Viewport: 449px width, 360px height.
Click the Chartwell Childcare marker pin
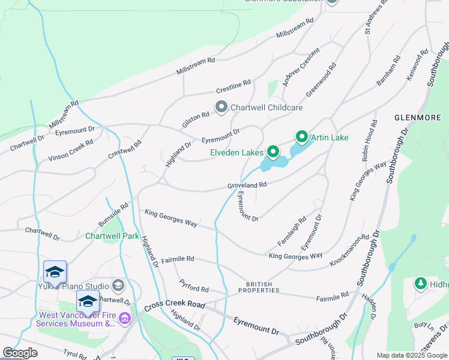point(221,107)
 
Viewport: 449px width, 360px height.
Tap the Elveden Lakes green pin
point(273,152)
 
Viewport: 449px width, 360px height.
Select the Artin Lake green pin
point(301,137)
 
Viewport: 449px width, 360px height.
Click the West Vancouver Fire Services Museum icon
point(124,318)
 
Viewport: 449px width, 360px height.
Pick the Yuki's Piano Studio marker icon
point(118,286)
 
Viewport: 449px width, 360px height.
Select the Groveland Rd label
point(247,186)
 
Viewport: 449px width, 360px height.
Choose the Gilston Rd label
point(196,119)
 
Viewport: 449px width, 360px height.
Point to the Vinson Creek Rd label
point(71,151)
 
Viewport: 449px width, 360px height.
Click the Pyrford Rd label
point(194,285)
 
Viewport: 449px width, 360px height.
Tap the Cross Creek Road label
point(172,304)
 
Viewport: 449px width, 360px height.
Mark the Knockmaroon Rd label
point(349,251)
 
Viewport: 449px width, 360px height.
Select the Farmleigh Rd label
point(292,231)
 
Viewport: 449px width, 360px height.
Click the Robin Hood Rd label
point(369,141)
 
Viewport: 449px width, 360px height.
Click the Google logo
point(20,353)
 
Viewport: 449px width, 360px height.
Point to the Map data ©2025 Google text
point(411,355)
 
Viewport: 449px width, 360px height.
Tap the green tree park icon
point(421,283)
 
